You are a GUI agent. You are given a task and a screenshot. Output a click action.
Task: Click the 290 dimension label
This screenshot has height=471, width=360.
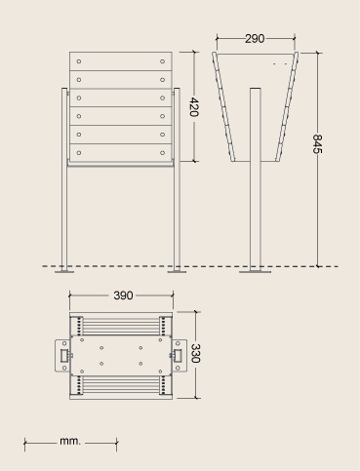click(255, 39)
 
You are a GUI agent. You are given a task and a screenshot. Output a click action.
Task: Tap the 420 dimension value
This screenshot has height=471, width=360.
click(193, 106)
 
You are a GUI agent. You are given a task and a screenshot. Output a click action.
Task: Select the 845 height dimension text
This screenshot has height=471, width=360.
click(317, 143)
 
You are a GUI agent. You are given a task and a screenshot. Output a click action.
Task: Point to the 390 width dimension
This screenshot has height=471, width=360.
click(123, 295)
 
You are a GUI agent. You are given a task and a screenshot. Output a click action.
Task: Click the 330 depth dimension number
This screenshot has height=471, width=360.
click(195, 353)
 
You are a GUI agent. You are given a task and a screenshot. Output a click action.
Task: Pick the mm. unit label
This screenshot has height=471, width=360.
click(69, 441)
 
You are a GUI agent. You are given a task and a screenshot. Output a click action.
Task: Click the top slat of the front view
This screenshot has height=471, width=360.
click(121, 61)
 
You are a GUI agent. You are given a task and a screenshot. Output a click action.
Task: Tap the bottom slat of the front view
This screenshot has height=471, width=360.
click(121, 153)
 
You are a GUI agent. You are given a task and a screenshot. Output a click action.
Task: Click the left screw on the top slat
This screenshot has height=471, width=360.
click(79, 61)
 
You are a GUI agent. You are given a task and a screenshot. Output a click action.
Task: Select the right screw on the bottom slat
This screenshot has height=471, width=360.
click(162, 153)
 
